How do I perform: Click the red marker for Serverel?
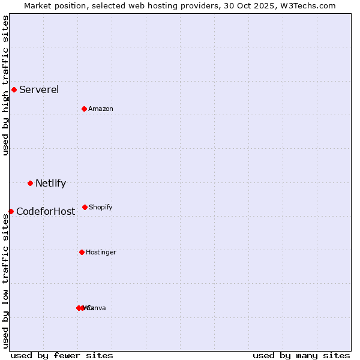pyautogui.click(x=14, y=90)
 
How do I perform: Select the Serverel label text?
pyautogui.click(x=39, y=90)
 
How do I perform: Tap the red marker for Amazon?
pyautogui.click(x=85, y=109)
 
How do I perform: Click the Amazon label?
pyautogui.click(x=101, y=109)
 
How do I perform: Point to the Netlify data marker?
pyautogui.click(x=30, y=183)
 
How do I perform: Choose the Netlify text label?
pyautogui.click(x=50, y=184)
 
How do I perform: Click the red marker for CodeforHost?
pyautogui.click(x=11, y=211)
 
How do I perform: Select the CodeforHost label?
pyautogui.click(x=46, y=212)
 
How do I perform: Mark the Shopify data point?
pyautogui.click(x=85, y=207)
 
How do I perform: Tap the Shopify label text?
pyautogui.click(x=101, y=208)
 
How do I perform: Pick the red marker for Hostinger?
pyautogui.click(x=82, y=252)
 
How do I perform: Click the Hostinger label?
pyautogui.click(x=101, y=253)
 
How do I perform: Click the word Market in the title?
pyautogui.click(x=38, y=5)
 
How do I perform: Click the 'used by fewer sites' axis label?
pyautogui.click(x=62, y=355)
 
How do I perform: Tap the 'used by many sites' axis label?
pyautogui.click(x=301, y=355)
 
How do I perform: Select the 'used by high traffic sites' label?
pyautogui.click(x=5, y=85)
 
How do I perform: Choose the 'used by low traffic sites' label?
pyautogui.click(x=5, y=281)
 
